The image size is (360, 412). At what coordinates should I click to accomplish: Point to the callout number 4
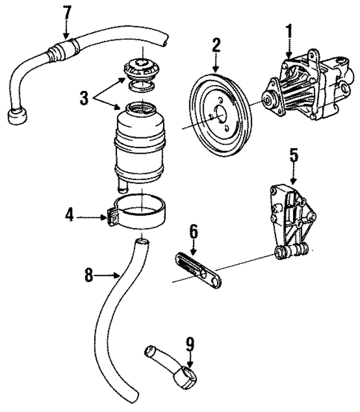(69, 215)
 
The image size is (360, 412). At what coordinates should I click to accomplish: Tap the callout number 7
(67, 11)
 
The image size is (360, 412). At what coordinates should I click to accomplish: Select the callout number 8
(89, 276)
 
